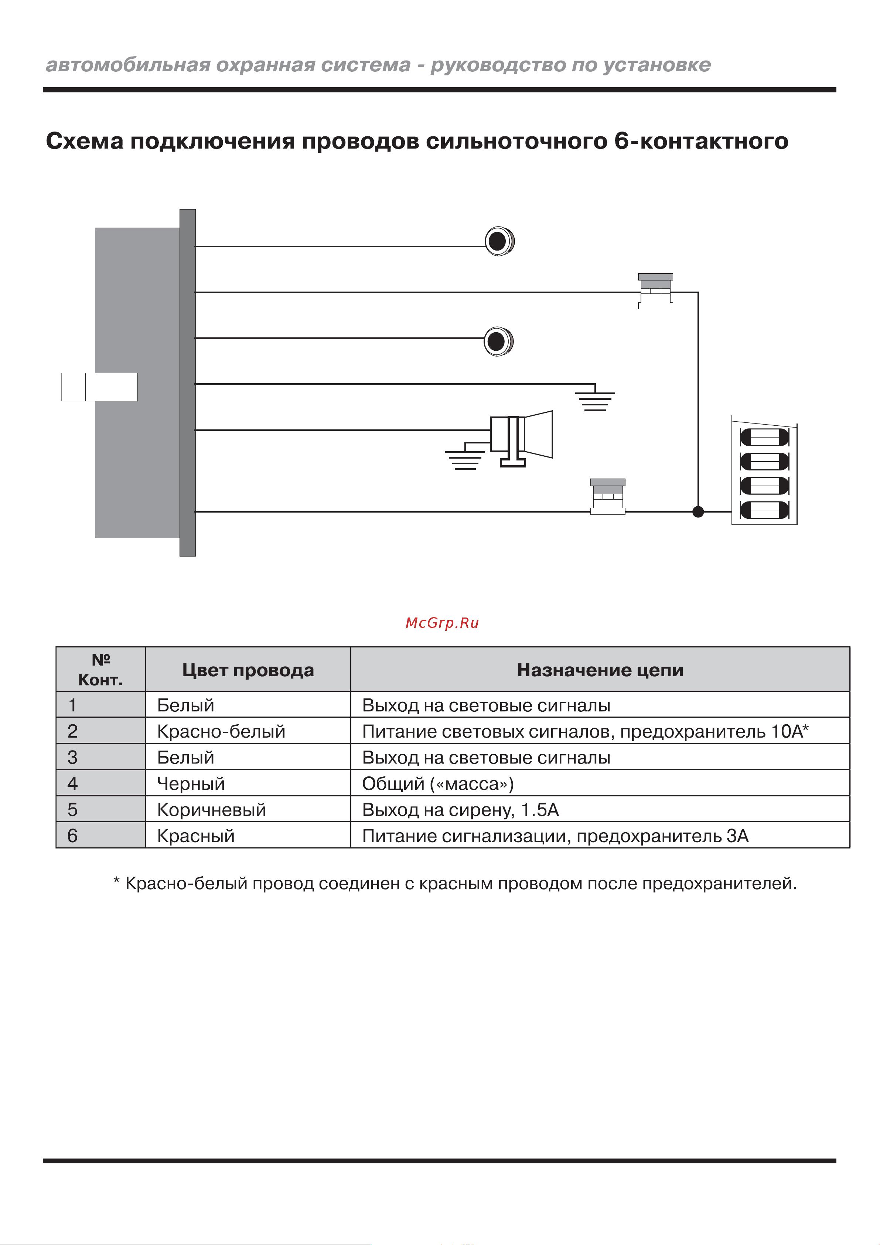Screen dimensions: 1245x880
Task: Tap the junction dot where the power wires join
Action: pyautogui.click(x=698, y=511)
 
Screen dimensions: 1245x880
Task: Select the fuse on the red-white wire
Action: pyautogui.click(x=655, y=291)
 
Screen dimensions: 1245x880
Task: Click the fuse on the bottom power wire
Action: pyautogui.click(x=608, y=497)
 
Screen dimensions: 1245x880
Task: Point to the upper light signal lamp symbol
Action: pyautogui.click(x=499, y=241)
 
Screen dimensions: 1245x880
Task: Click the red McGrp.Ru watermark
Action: pyautogui.click(x=442, y=623)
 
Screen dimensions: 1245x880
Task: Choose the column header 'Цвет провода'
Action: pyautogui.click(x=248, y=670)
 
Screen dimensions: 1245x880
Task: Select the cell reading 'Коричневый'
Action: pyautogui.click(x=211, y=810)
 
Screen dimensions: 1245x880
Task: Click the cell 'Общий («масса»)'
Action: pyautogui.click(x=437, y=783)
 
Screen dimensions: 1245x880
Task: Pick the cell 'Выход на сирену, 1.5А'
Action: pyautogui.click(x=460, y=810)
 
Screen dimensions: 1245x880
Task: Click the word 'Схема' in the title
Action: pyautogui.click(x=85, y=141)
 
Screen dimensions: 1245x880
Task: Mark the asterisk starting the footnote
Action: pyautogui.click(x=116, y=882)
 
